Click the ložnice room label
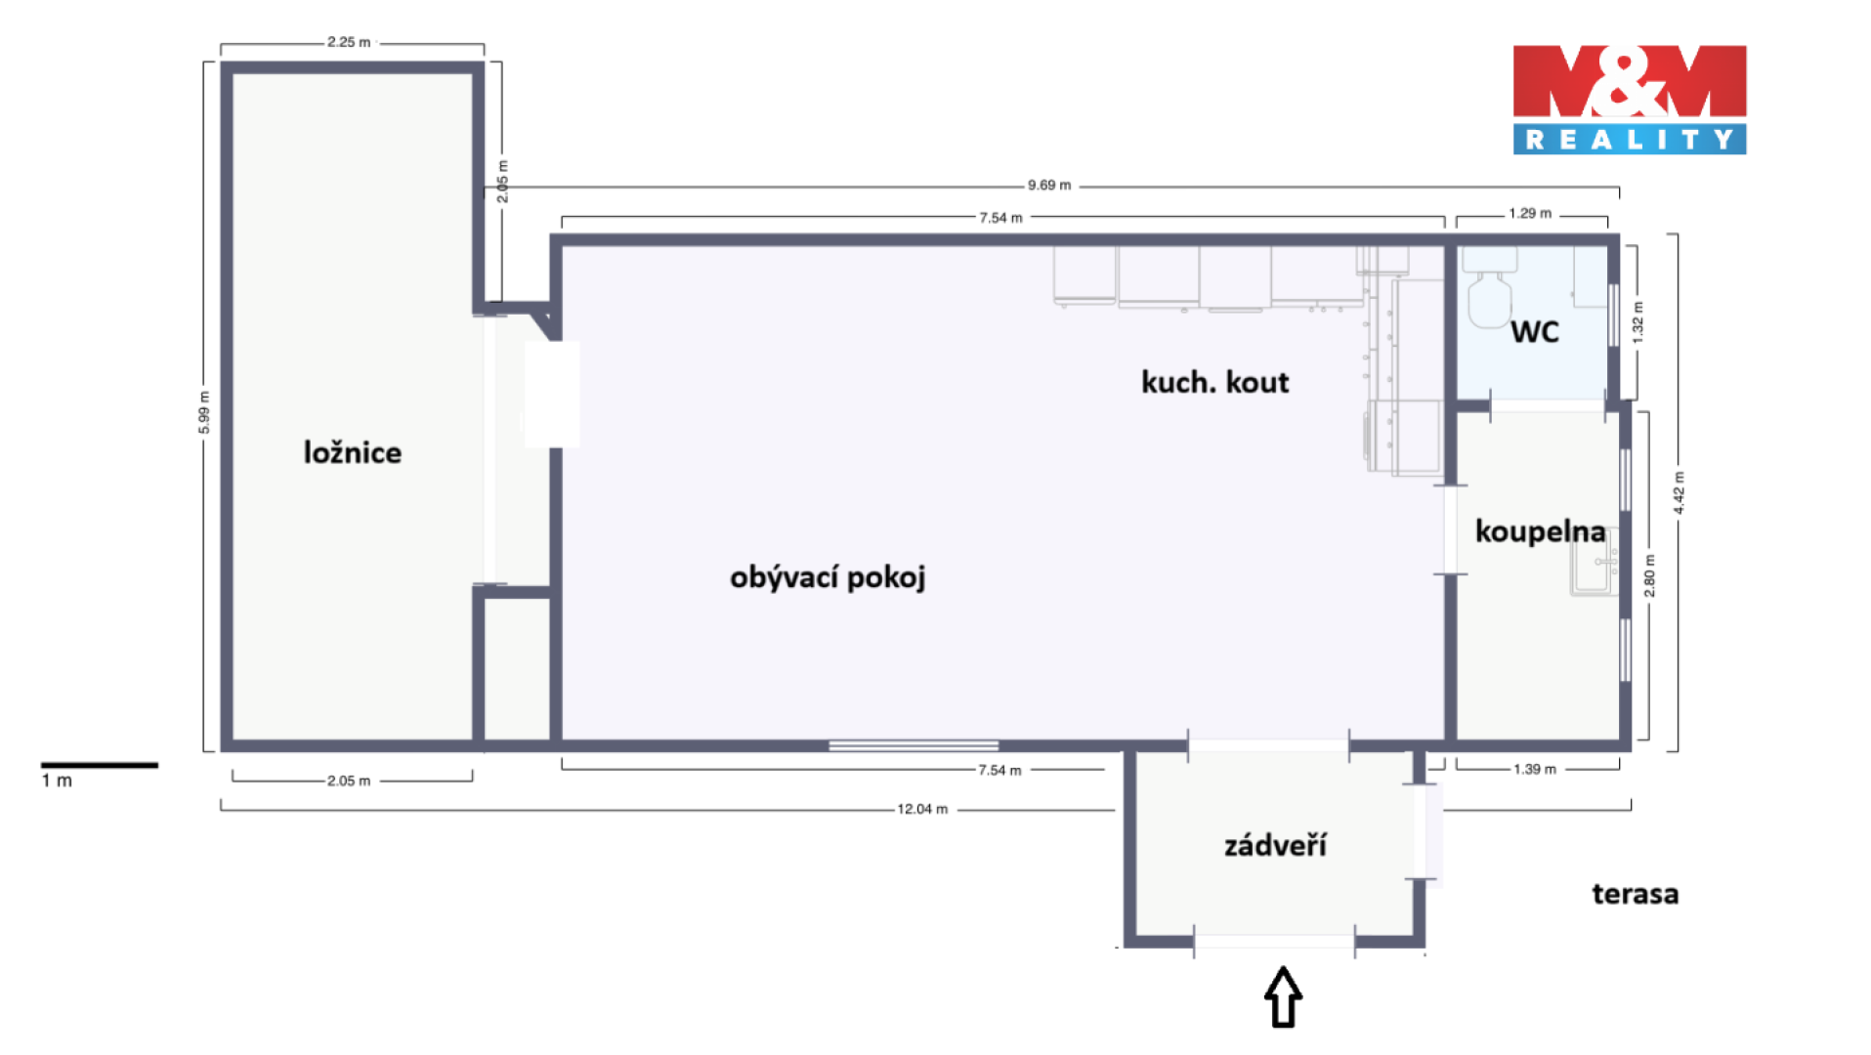(x=353, y=452)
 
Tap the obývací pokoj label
(x=828, y=577)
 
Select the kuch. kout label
(x=1215, y=382)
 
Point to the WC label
(x=1535, y=332)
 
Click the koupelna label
(x=1541, y=531)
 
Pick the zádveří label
(x=1275, y=845)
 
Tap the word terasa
(x=1636, y=894)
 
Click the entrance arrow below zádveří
(x=1284, y=997)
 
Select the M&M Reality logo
(x=1630, y=99)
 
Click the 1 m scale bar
(x=99, y=765)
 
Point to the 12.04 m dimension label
(x=922, y=809)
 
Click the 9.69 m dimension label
(x=1049, y=185)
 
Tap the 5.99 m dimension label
(x=204, y=412)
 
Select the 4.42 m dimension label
(x=1679, y=493)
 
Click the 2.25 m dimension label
(x=349, y=42)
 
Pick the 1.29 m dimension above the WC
(x=1530, y=213)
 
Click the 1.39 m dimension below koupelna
(x=1535, y=769)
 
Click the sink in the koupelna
(x=1594, y=562)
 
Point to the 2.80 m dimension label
(x=1649, y=576)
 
